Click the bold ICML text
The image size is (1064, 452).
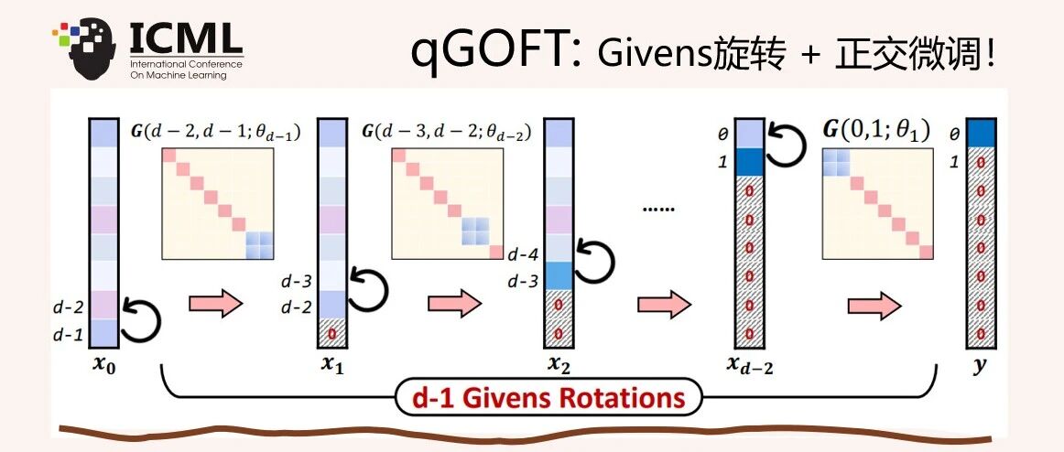(186, 39)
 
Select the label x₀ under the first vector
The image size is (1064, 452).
(104, 367)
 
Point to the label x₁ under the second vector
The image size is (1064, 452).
(332, 367)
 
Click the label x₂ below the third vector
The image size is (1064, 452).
(559, 367)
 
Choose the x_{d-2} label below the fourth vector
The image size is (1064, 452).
(750, 367)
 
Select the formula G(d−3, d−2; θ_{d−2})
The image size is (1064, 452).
(446, 133)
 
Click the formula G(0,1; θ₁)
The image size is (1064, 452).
(876, 129)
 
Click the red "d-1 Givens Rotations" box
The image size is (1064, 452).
(548, 396)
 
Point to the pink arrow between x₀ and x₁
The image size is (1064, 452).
(215, 303)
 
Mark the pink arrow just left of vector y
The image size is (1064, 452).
(874, 306)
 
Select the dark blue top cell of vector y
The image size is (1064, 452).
(981, 133)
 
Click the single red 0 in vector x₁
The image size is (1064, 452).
(332, 333)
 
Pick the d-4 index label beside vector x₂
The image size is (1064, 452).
(523, 255)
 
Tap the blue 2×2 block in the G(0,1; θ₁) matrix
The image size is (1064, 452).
(836, 163)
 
